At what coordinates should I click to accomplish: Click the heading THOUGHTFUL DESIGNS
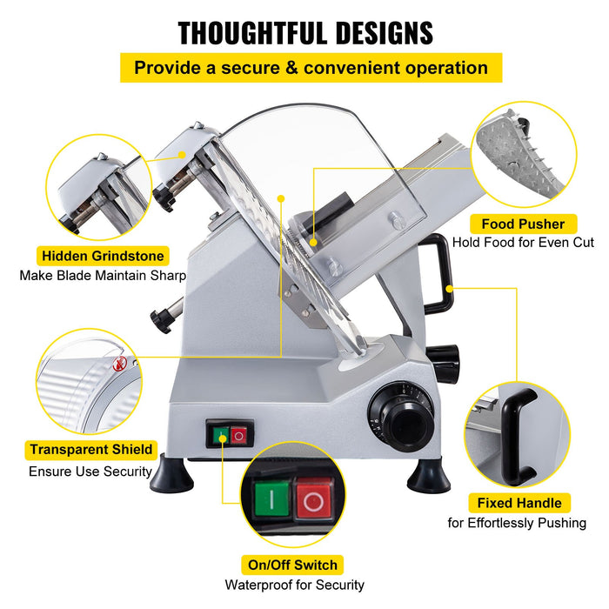(x=305, y=32)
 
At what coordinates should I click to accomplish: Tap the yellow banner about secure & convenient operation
(x=311, y=68)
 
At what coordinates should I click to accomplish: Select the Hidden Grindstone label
(x=102, y=256)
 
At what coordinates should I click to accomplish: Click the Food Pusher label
(x=523, y=224)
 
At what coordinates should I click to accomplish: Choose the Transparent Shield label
(x=91, y=450)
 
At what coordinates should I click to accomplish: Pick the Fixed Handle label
(x=519, y=503)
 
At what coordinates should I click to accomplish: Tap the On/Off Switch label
(x=293, y=565)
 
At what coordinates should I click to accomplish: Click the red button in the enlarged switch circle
(x=314, y=501)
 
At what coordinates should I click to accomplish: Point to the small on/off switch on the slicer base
(x=230, y=433)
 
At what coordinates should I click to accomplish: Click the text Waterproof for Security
(x=294, y=586)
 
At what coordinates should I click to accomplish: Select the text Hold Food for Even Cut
(x=523, y=243)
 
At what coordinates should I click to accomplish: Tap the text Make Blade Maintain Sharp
(x=103, y=276)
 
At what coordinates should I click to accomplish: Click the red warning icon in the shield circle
(x=121, y=363)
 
